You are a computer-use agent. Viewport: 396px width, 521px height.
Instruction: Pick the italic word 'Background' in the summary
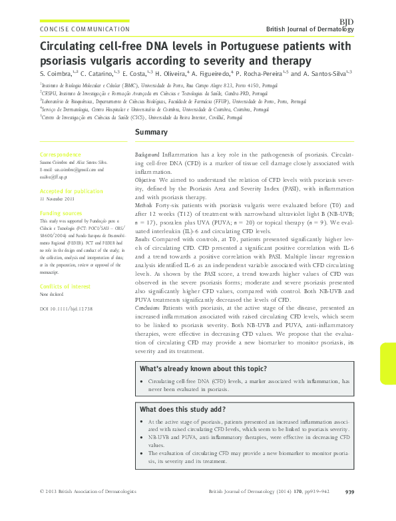pos(147,155)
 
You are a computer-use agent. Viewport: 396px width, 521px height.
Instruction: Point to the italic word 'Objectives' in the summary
pos(145,181)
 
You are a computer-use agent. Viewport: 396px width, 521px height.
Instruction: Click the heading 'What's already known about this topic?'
pos(203,369)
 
